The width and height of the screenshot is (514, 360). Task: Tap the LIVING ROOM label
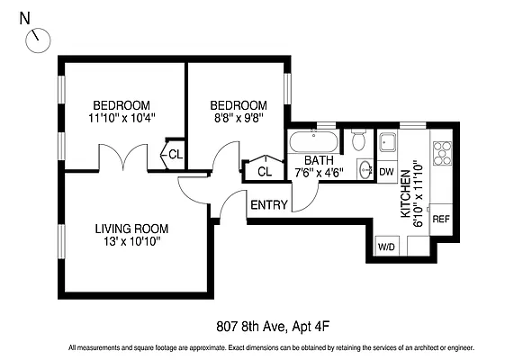point(131,229)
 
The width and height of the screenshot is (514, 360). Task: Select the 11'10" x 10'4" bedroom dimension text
point(122,117)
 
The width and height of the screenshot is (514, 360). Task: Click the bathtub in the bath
point(314,141)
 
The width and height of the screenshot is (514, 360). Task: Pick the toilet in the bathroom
point(358,140)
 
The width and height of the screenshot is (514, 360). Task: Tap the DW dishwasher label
point(386,171)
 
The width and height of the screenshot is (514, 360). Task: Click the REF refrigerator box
point(441,219)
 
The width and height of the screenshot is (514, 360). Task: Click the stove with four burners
point(441,154)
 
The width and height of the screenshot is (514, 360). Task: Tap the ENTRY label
point(269,205)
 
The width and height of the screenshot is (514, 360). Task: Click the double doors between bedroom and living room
point(122,160)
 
